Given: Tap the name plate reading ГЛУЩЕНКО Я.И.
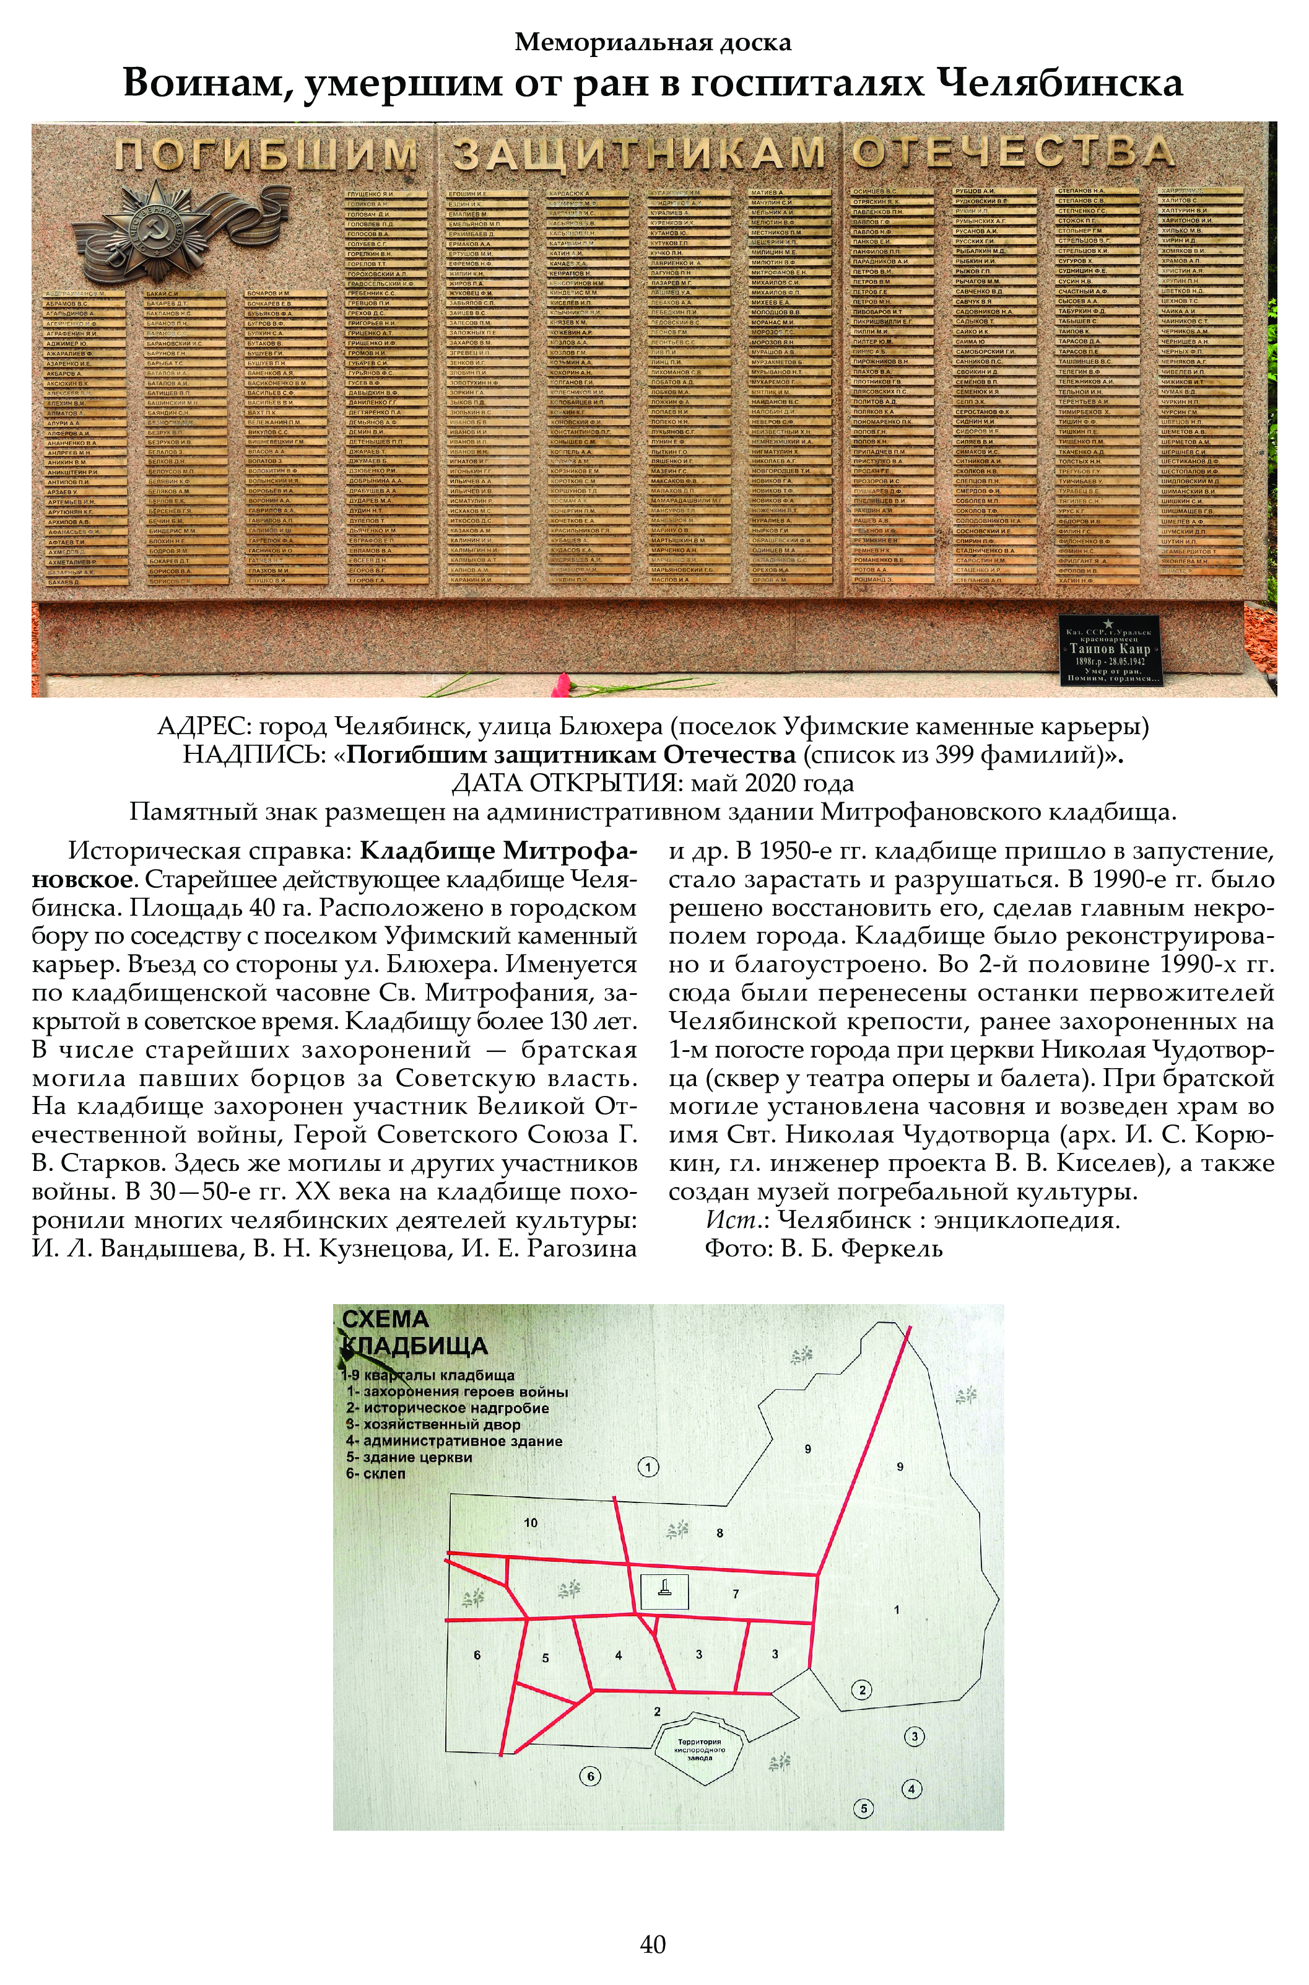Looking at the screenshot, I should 371,194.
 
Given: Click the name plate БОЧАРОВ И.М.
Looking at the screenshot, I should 269,293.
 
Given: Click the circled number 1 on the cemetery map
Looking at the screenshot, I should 648,1466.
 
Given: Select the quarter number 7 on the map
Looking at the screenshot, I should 736,1593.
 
